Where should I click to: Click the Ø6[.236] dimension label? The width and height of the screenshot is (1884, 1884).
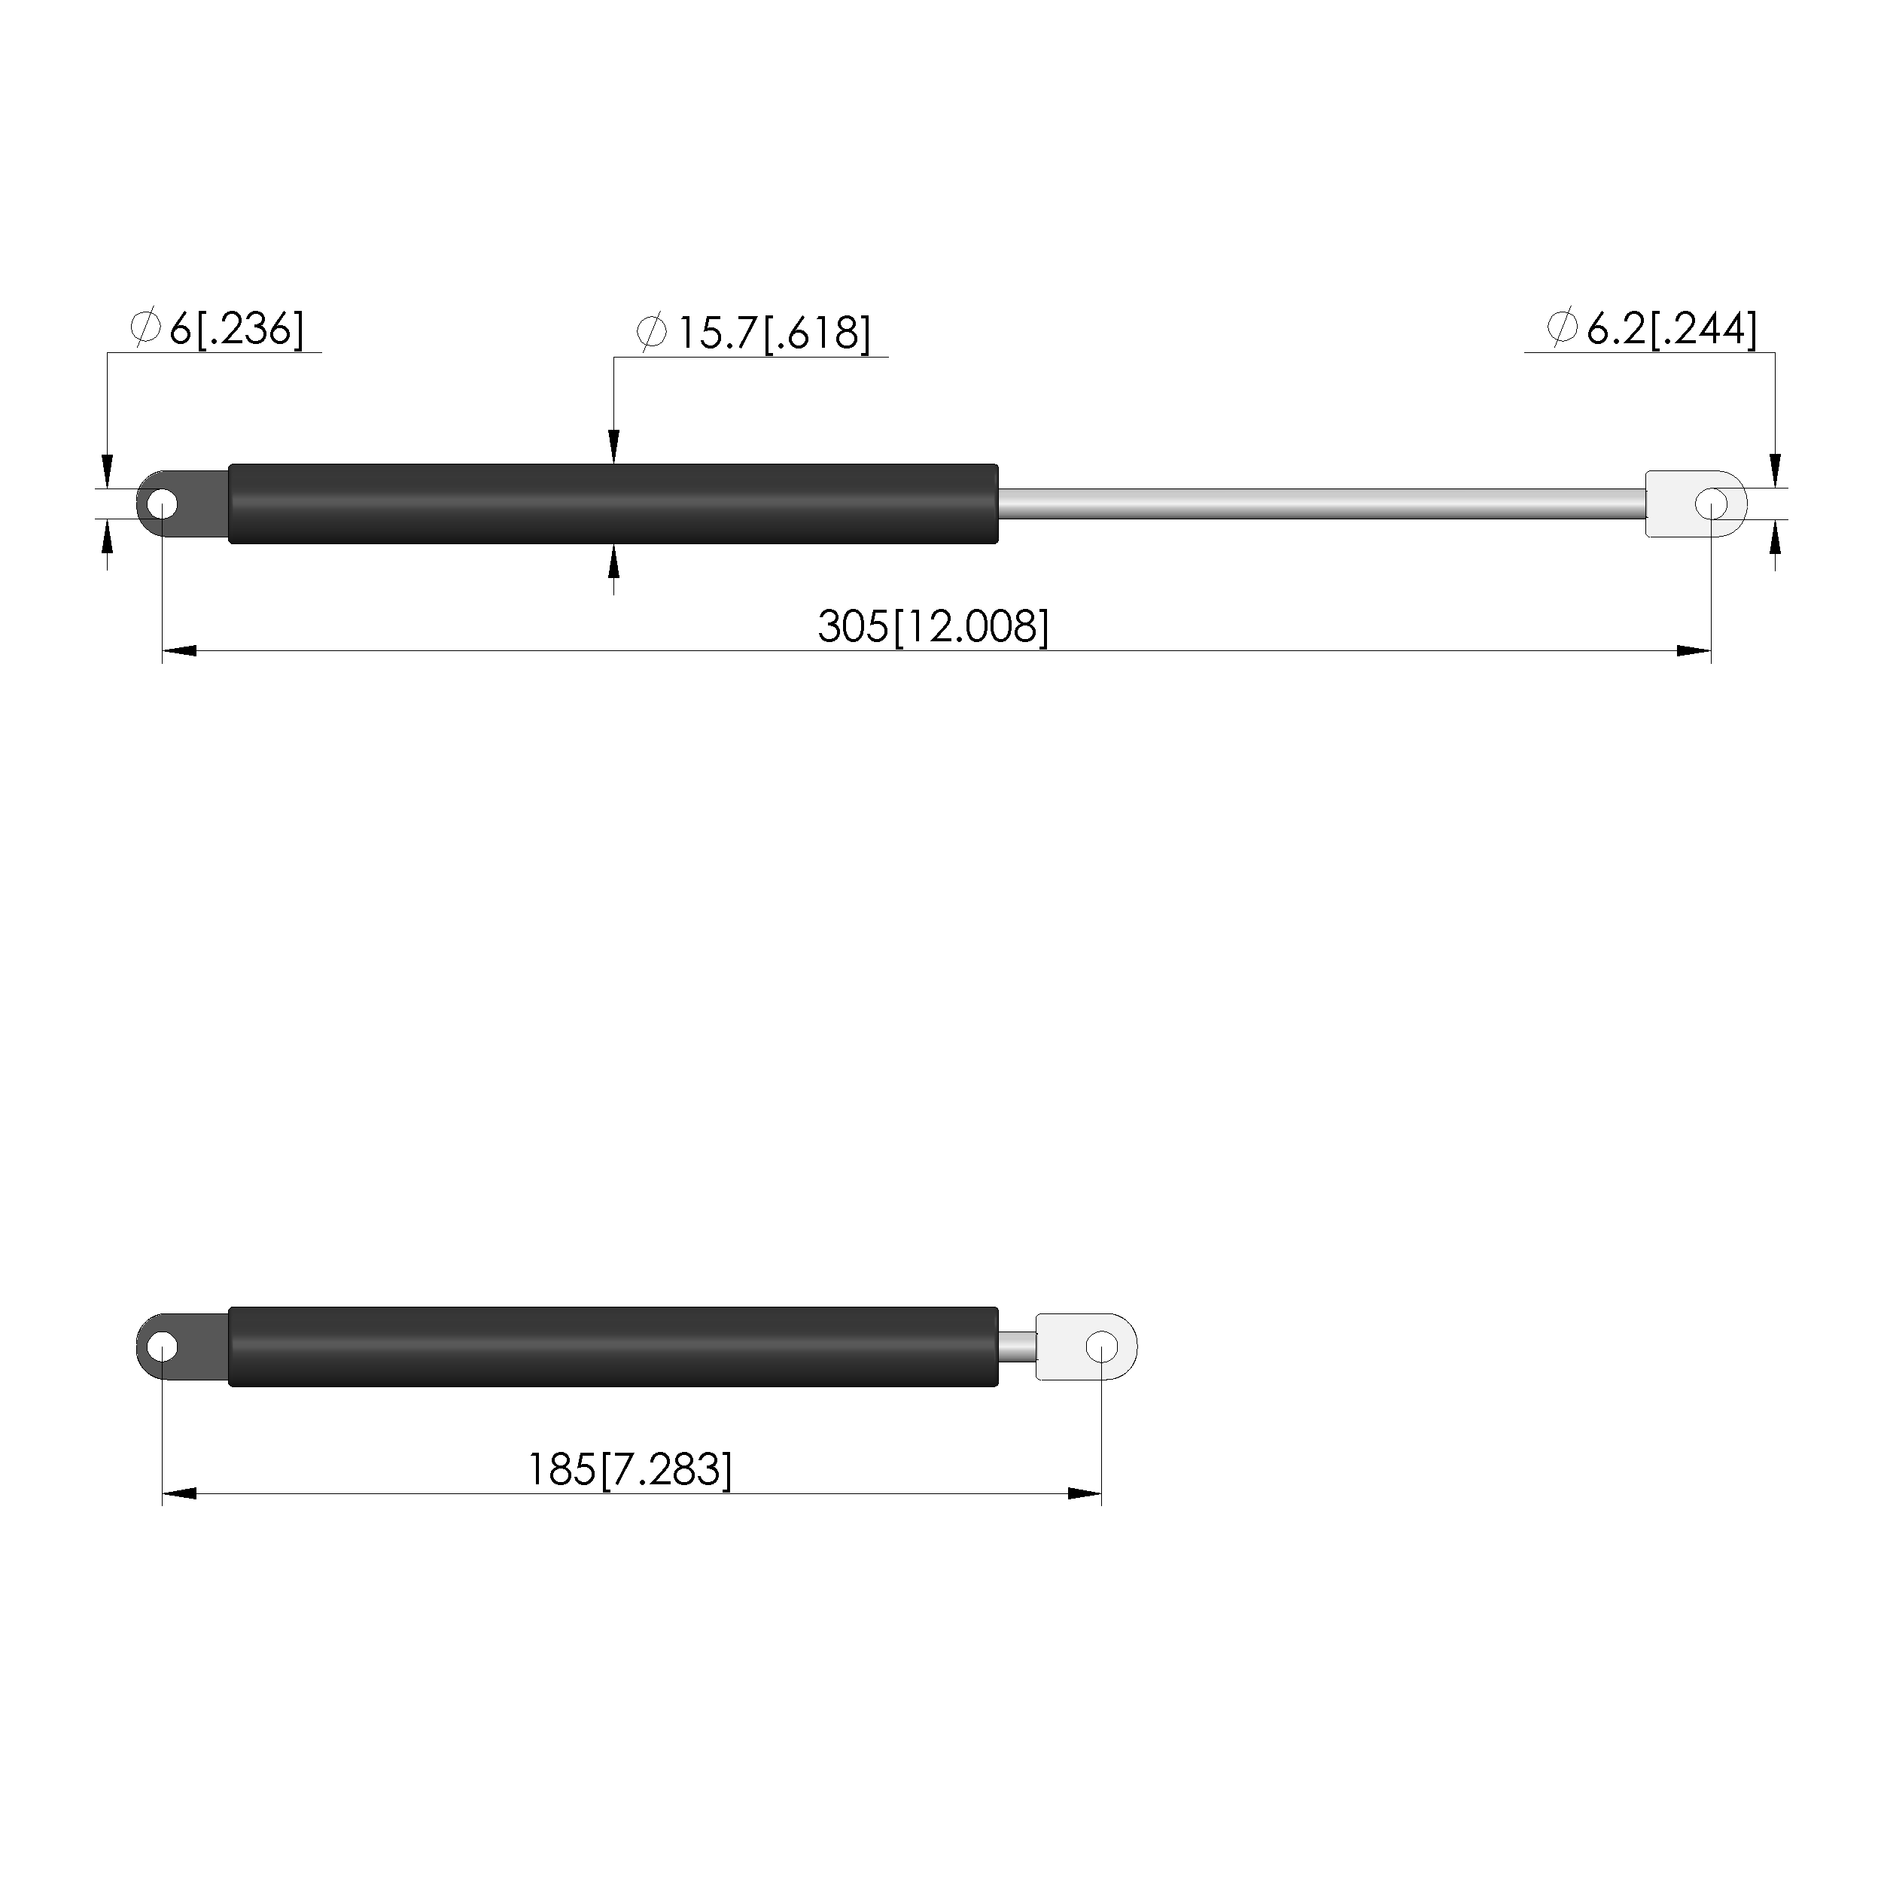(217, 330)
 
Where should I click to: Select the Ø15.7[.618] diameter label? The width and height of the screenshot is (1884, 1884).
(753, 333)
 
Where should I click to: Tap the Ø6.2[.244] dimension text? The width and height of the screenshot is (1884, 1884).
(1652, 330)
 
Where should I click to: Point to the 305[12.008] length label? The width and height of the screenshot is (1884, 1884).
(933, 626)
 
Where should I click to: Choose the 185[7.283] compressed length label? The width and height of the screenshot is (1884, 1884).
(629, 1469)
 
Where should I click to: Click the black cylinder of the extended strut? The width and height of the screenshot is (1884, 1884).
(613, 504)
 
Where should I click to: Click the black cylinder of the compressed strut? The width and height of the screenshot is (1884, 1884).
(613, 1346)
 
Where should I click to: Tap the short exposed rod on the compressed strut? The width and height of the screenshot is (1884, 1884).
(1017, 1346)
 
